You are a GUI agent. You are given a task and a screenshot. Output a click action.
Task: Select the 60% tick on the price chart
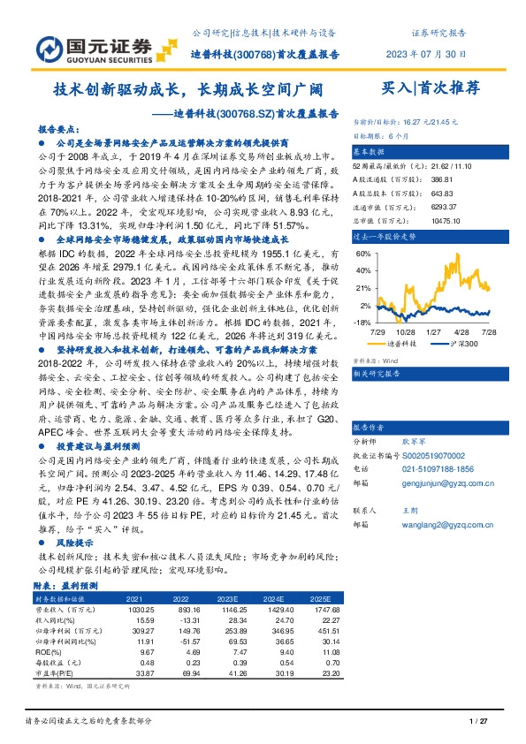[x=363, y=253]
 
